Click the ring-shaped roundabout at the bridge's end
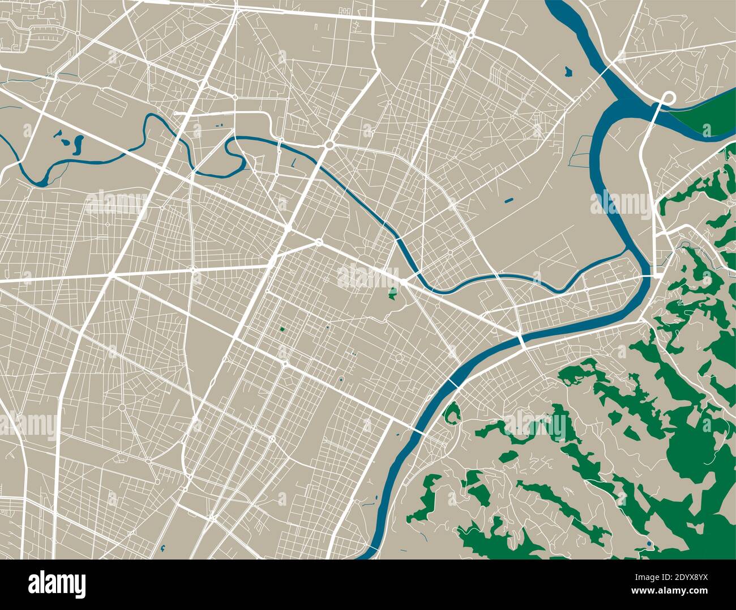click(x=668, y=96)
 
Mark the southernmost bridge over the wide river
click(x=418, y=431)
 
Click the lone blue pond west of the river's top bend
click(x=568, y=71)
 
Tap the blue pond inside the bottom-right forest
click(x=649, y=544)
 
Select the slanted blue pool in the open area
click(x=508, y=200)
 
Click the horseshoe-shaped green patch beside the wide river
click(x=451, y=413)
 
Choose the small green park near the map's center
click(x=392, y=293)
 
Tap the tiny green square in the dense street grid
click(x=280, y=328)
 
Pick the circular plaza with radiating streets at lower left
click(x=122, y=407)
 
